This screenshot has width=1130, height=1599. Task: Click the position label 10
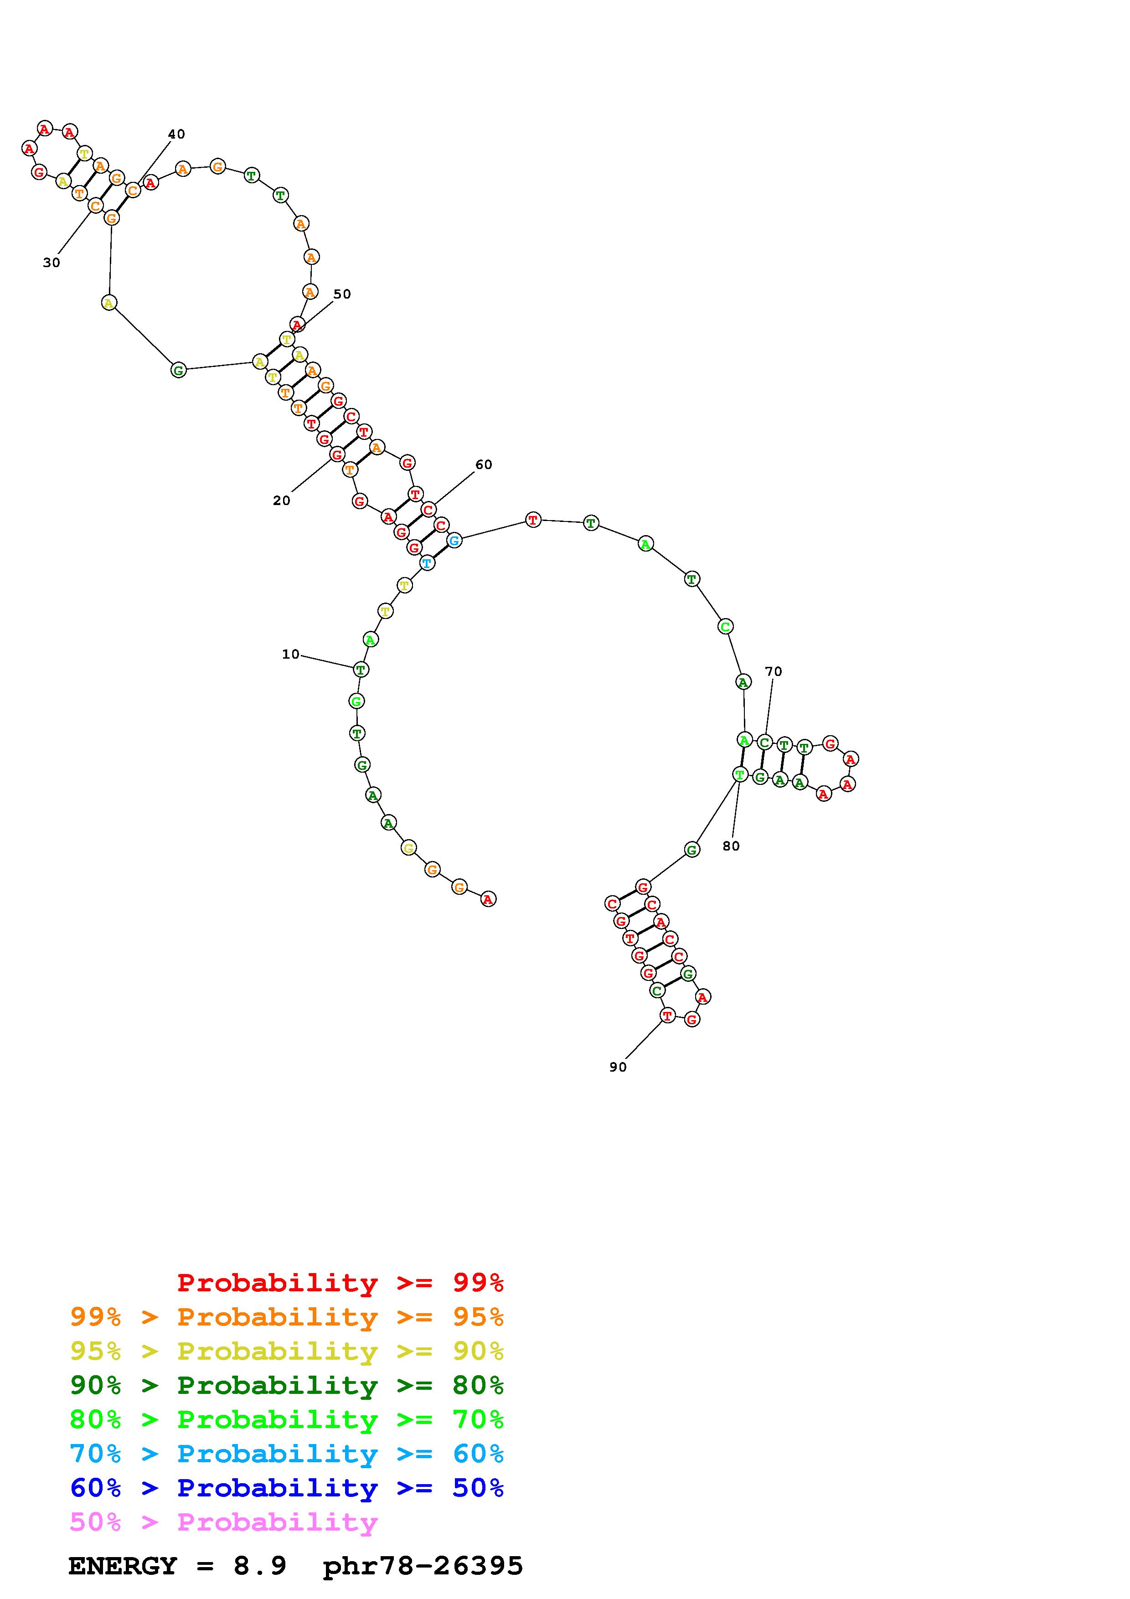pyautogui.click(x=290, y=654)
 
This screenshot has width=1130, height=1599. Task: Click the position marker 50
pyautogui.click(x=342, y=294)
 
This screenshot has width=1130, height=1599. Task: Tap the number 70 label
pyautogui.click(x=774, y=671)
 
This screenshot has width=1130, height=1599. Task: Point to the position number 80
pyautogui.click(x=731, y=846)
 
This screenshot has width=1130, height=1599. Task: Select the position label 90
pyautogui.click(x=618, y=1067)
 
